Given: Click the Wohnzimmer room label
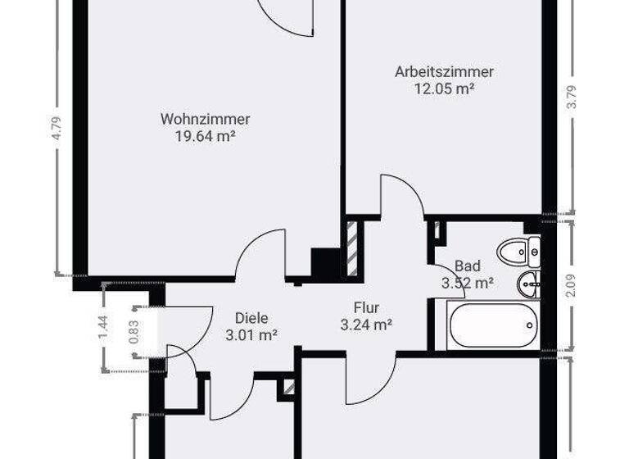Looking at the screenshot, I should tap(206, 119).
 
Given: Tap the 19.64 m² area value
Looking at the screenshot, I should tap(206, 137).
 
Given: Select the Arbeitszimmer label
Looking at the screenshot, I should tap(445, 71).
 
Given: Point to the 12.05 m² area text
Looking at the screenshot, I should tap(445, 89).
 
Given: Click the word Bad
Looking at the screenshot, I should tap(468, 266).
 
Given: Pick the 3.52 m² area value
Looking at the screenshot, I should tap(467, 284).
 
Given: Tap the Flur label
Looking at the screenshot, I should tap(367, 307).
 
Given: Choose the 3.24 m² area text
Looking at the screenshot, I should tap(366, 325).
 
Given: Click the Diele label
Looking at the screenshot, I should tap(251, 317).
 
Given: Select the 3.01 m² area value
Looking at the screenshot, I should tap(251, 334).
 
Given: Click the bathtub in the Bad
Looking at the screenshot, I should tap(493, 325).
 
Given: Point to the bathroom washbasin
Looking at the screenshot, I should tap(527, 284).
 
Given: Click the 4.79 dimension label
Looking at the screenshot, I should tap(57, 130).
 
